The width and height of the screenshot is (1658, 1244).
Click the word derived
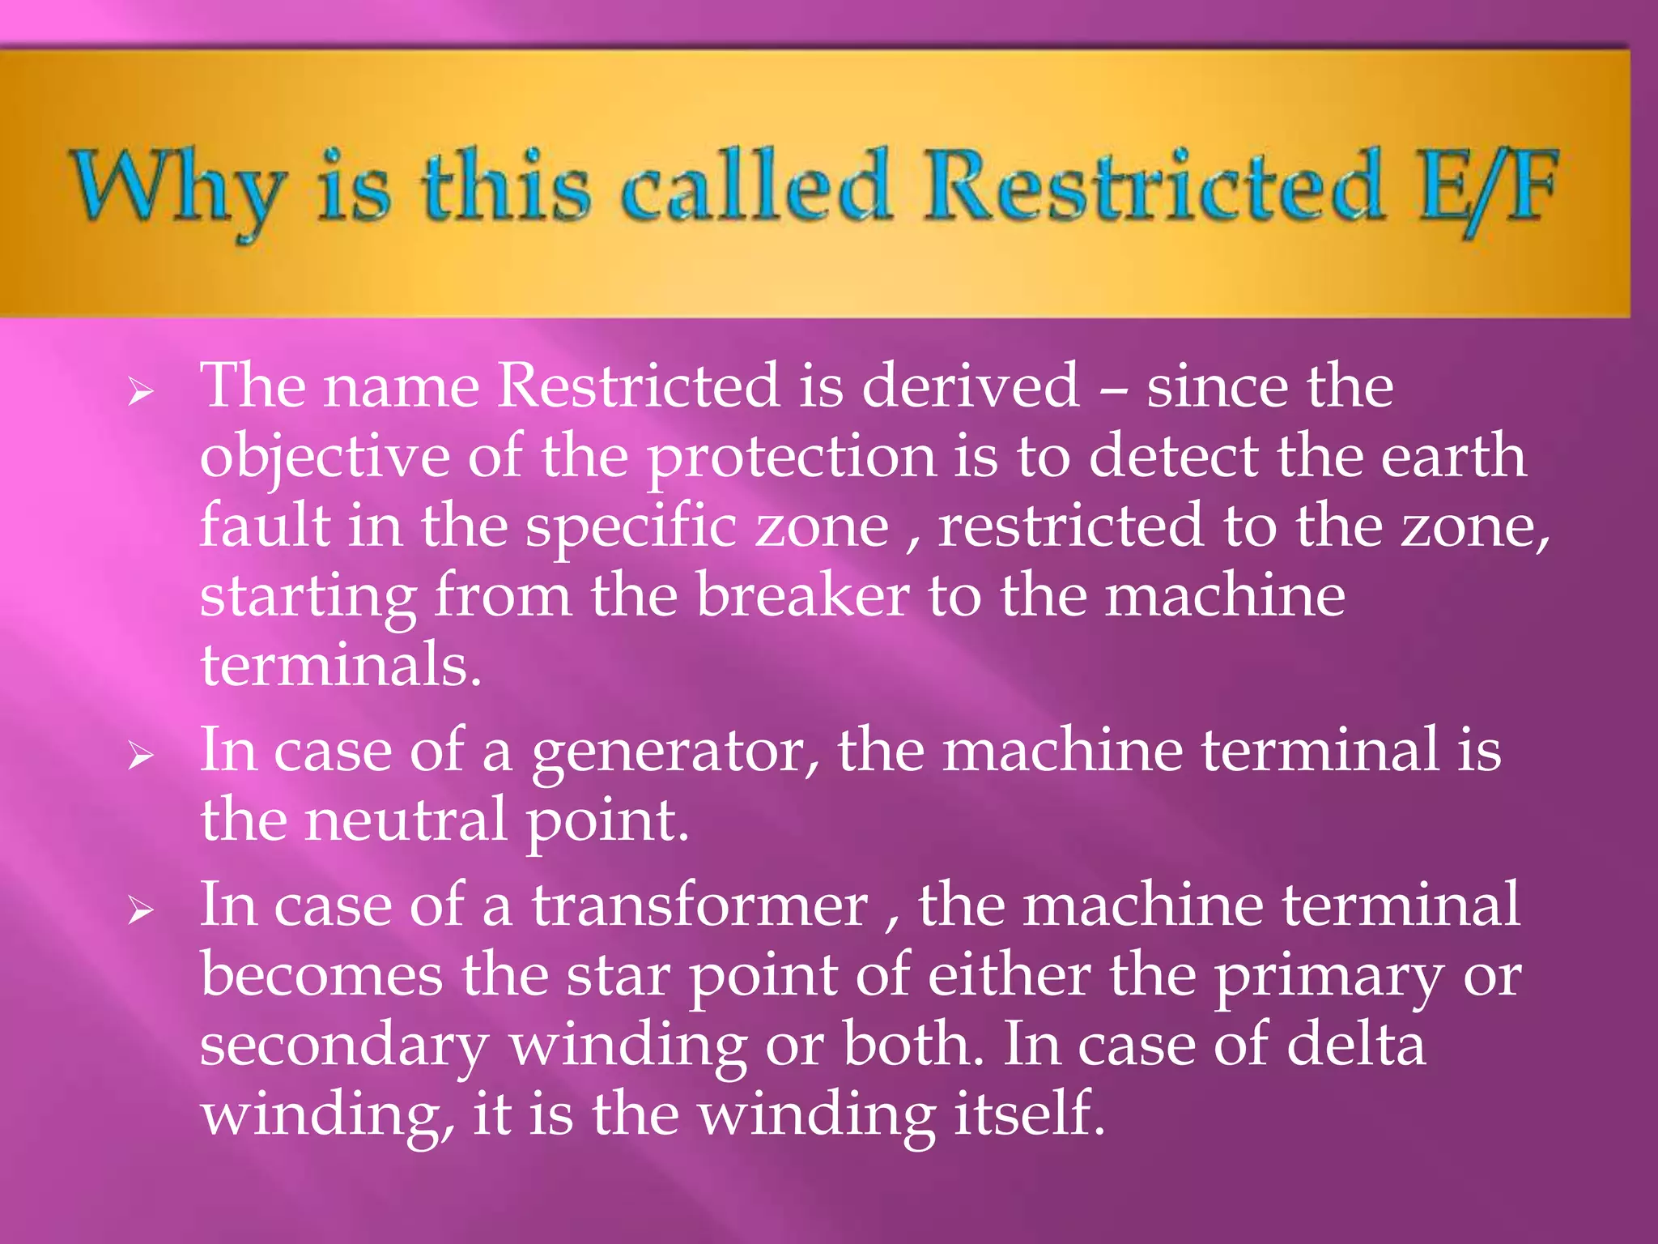970,386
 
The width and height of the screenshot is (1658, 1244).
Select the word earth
1453,456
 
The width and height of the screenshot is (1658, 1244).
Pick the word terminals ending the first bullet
340,665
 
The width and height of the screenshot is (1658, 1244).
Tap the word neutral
406,820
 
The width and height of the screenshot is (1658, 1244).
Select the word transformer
699,905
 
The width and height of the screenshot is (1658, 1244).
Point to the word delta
1355,1045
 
